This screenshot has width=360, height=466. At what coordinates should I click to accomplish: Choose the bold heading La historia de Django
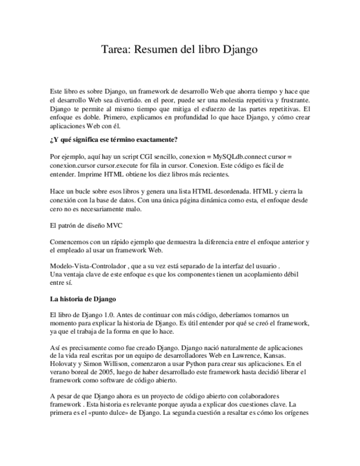coord(82,299)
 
